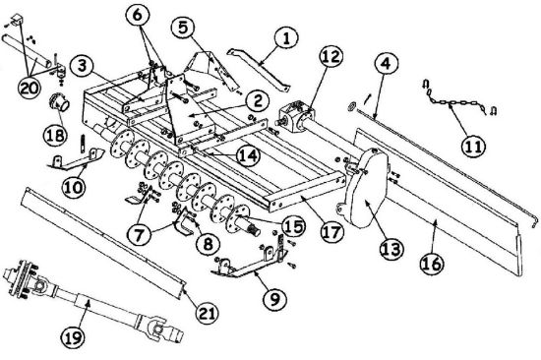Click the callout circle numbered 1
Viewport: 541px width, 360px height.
click(x=286, y=38)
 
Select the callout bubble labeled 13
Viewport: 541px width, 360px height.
click(x=392, y=249)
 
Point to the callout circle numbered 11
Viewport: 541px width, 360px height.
click(x=473, y=147)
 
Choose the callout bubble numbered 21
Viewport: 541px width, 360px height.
click(x=207, y=314)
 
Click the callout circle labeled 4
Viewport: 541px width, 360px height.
click(x=387, y=64)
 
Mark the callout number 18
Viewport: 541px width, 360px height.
click(x=55, y=135)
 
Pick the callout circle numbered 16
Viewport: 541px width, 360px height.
click(x=432, y=264)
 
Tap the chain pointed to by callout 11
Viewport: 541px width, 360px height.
click(x=455, y=102)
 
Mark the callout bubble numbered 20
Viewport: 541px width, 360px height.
click(x=30, y=88)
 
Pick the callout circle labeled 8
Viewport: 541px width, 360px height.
click(x=208, y=243)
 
